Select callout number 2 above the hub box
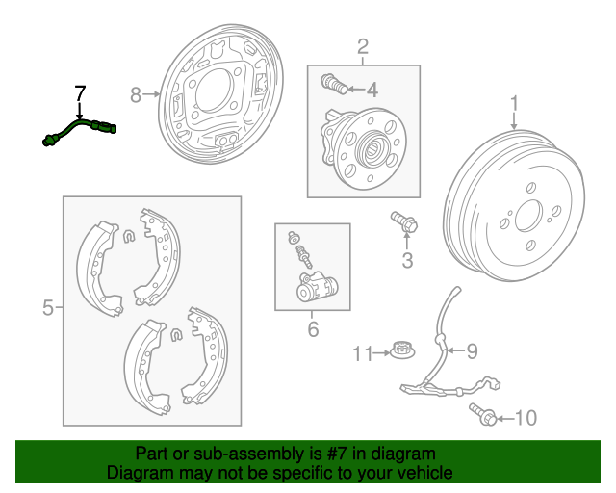pos(363,46)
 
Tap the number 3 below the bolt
pos(406,260)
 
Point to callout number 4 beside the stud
pos(372,91)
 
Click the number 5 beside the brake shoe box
pos(48,308)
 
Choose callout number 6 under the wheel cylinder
pos(312,330)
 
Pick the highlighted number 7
pos(80,93)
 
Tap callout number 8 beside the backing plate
pos(135,93)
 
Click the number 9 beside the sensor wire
pos(472,351)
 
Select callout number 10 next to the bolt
pos(526,418)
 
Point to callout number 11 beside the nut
pos(361,354)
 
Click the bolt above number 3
pos(402,222)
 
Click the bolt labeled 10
pos(483,415)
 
